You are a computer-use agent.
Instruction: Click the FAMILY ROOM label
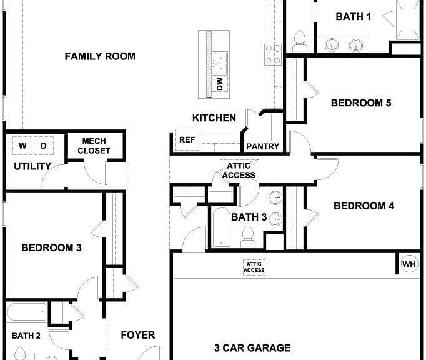point(100,56)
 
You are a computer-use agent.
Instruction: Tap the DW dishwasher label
point(220,84)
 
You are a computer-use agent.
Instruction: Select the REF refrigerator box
point(187,140)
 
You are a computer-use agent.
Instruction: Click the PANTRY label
point(262,146)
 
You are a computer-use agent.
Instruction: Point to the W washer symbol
point(22,146)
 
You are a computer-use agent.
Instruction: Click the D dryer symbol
point(44,146)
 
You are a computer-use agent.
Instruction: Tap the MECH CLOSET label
point(94,146)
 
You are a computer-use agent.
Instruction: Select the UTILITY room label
point(32,166)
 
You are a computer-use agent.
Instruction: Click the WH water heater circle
point(409,264)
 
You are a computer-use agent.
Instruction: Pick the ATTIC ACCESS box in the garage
point(254,267)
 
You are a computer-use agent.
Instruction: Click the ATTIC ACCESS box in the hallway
point(239,170)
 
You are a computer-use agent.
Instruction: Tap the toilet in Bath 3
point(248,236)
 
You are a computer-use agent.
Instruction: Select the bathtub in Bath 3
point(221,227)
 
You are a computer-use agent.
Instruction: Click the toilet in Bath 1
point(300,41)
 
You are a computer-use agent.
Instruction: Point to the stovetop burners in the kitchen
point(273,54)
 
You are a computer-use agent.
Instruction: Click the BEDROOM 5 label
point(361,102)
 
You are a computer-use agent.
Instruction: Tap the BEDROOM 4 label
point(364,206)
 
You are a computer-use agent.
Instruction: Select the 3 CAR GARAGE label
point(252,347)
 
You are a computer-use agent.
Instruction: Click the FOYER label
point(138,335)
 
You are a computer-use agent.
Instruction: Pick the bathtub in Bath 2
point(27,312)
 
